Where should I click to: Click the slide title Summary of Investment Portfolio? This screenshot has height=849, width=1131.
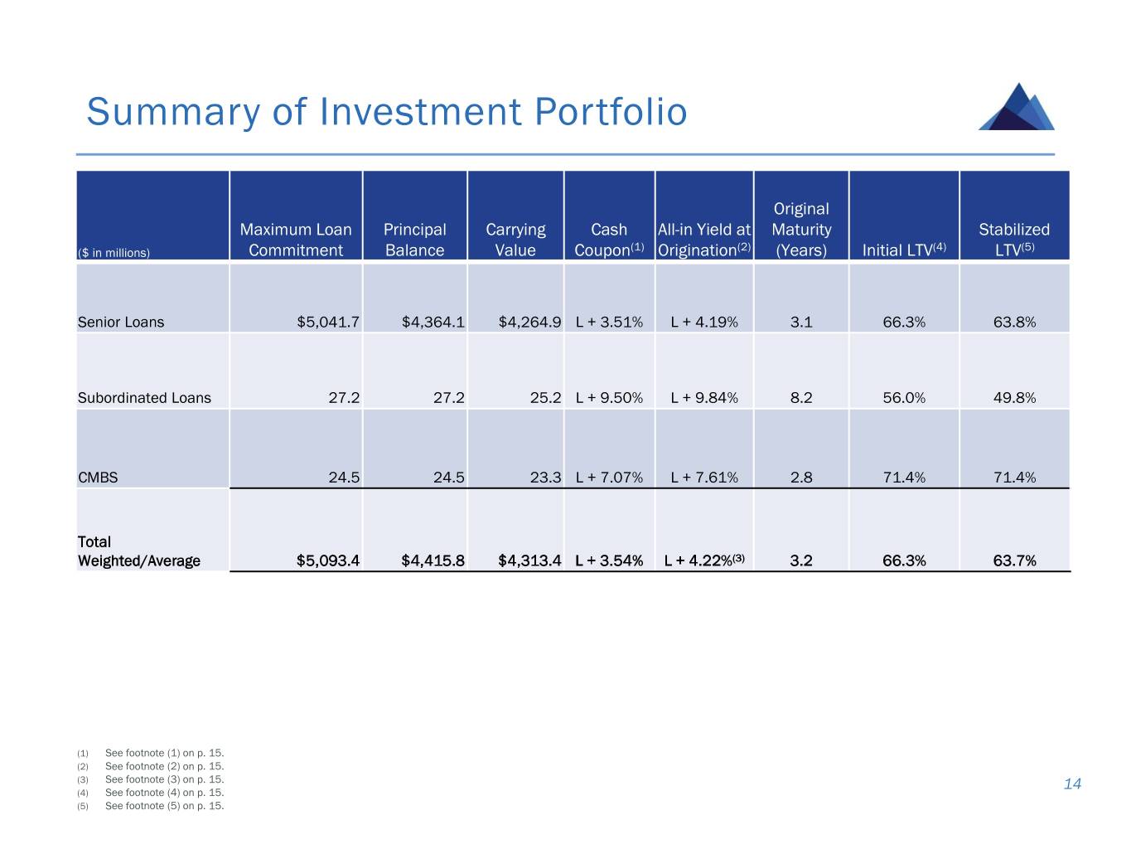[x=386, y=112]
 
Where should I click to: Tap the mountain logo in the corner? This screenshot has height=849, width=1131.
[x=1017, y=107]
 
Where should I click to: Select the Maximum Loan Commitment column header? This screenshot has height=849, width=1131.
[x=296, y=240]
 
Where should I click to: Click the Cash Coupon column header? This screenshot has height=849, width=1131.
[x=609, y=240]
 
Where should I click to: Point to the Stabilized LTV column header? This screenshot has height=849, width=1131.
[x=1014, y=240]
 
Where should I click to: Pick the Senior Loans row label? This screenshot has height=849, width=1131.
[x=121, y=322]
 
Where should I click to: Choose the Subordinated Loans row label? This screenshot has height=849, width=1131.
[x=144, y=397]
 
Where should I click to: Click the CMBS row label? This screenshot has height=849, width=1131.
[x=98, y=478]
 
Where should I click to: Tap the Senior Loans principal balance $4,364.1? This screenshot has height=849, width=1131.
[x=433, y=322]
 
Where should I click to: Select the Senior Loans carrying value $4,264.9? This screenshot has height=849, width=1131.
[x=529, y=322]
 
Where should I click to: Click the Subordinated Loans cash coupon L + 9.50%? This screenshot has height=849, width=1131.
[x=609, y=397]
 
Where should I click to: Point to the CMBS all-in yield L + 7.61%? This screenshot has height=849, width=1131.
[x=704, y=478]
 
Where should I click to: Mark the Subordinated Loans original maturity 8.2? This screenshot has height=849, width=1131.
[x=801, y=397]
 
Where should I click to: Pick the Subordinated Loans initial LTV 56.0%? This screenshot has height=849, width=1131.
[x=904, y=397]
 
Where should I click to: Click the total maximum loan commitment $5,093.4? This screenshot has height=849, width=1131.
[x=327, y=560]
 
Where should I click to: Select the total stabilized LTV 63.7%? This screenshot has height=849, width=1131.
[x=1014, y=560]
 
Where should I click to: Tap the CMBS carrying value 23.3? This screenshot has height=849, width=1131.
[x=545, y=478]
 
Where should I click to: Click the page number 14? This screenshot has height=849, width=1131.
[x=1072, y=784]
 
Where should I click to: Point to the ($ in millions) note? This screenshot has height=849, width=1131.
[x=114, y=253]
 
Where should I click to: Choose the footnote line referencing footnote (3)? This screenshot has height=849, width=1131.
[x=164, y=779]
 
